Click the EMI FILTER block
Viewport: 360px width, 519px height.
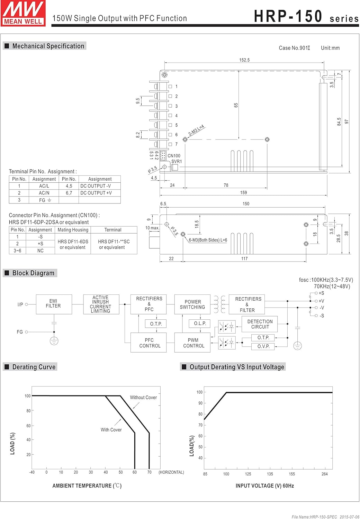[54, 304]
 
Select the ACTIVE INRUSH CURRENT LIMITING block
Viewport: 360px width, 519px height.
[101, 304]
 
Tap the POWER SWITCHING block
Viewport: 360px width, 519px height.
[192, 304]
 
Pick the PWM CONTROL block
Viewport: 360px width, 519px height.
[192, 343]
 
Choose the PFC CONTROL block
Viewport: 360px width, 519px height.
[149, 343]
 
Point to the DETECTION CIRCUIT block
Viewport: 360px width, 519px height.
[260, 324]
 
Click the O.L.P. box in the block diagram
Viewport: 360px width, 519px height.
[200, 324]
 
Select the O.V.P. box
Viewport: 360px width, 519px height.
[263, 346]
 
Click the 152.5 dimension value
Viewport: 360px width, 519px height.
[244, 60]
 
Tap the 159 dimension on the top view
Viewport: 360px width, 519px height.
[244, 192]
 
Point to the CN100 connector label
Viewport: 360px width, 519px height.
[174, 156]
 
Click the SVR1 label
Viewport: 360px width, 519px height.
[177, 162]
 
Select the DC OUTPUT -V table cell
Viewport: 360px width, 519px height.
[96, 186]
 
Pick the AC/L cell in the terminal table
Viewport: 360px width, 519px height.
[44, 186]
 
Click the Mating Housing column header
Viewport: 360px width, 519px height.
[73, 230]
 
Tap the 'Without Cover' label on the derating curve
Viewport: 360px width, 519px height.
[143, 398]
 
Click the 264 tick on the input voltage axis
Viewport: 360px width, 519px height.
[324, 474]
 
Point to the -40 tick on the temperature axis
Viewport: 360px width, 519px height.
[32, 472]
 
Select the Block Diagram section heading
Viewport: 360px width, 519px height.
[33, 273]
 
